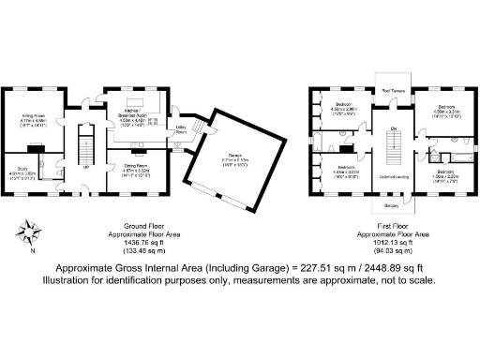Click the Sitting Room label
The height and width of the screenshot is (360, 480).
coord(35,116)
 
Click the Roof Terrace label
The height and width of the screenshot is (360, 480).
coord(393,91)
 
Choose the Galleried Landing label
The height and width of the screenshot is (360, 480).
coord(393,175)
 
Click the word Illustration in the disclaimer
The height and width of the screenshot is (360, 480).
coord(67,281)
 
